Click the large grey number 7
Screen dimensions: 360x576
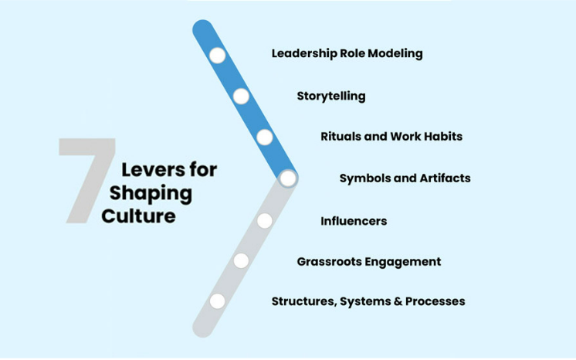(x=86, y=179)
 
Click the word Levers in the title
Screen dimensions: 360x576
(x=150, y=170)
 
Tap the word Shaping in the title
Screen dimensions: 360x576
(x=151, y=193)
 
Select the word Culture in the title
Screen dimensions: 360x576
(x=138, y=216)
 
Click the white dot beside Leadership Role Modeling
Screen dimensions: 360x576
(x=217, y=56)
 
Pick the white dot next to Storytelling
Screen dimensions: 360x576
(x=241, y=96)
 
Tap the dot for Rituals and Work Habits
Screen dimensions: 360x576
(x=265, y=138)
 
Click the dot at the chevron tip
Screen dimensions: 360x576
(x=288, y=178)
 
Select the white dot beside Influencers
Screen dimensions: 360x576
(x=265, y=221)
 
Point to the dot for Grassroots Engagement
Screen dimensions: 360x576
(x=241, y=261)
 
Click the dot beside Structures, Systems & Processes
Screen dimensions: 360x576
(x=217, y=301)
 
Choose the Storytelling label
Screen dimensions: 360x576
(x=330, y=97)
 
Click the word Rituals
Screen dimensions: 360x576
(x=341, y=137)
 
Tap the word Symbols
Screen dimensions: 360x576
(x=364, y=178)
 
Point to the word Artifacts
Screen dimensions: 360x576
(x=445, y=178)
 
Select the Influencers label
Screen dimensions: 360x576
(x=353, y=221)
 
